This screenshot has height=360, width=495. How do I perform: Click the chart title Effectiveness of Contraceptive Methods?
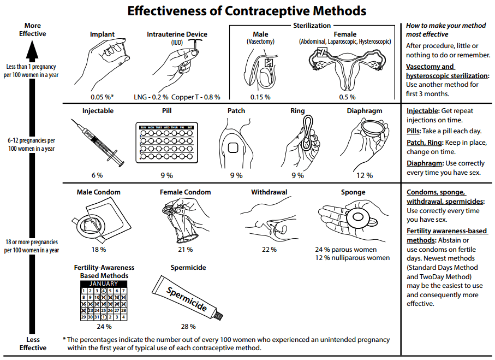[x=247, y=11]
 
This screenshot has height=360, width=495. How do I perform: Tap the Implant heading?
[x=102, y=34]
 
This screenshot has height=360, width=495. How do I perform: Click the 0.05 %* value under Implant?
[x=102, y=97]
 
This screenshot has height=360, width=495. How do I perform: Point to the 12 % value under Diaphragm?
[x=364, y=175]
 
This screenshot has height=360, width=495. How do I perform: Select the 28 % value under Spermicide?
[x=188, y=327]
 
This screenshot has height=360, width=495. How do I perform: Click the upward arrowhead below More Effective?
[x=32, y=52]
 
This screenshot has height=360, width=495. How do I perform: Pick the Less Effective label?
[x=33, y=344]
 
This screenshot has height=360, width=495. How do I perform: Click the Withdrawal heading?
[x=269, y=192]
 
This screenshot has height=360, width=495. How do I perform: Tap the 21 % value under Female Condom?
[x=184, y=250]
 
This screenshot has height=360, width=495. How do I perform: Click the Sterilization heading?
[x=312, y=25]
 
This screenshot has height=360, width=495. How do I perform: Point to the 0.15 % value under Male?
[x=260, y=97]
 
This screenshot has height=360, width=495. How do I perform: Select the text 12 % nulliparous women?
[x=352, y=258]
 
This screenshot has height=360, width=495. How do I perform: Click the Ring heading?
[x=297, y=111]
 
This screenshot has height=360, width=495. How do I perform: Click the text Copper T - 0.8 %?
[x=196, y=97]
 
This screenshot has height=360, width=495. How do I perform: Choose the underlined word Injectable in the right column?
[x=422, y=111]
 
